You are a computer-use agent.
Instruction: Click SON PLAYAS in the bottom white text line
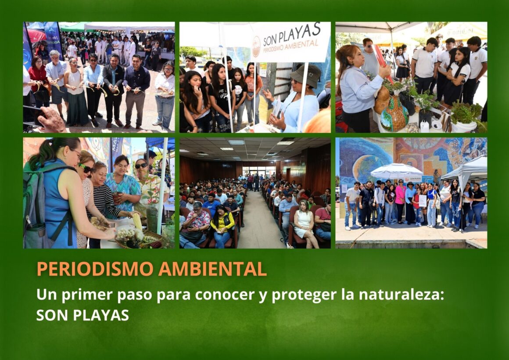(82, 315)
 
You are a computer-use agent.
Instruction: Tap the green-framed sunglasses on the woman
(85, 168)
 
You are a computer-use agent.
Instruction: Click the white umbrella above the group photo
(396, 170)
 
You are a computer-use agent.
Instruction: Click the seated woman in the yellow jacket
(223, 224)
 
